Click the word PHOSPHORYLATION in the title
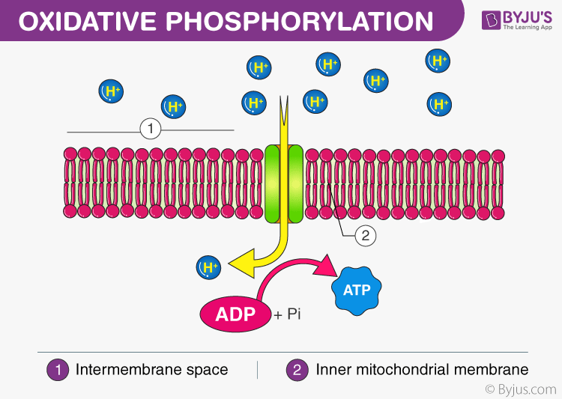[x=300, y=21]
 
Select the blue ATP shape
[x=357, y=288]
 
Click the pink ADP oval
[x=235, y=313]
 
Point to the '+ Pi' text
[x=288, y=315]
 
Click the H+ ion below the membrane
[x=208, y=266]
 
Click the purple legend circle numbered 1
[x=58, y=369]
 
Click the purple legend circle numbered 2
[x=297, y=369]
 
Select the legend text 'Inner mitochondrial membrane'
[x=422, y=369]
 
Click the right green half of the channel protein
[x=295, y=184]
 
